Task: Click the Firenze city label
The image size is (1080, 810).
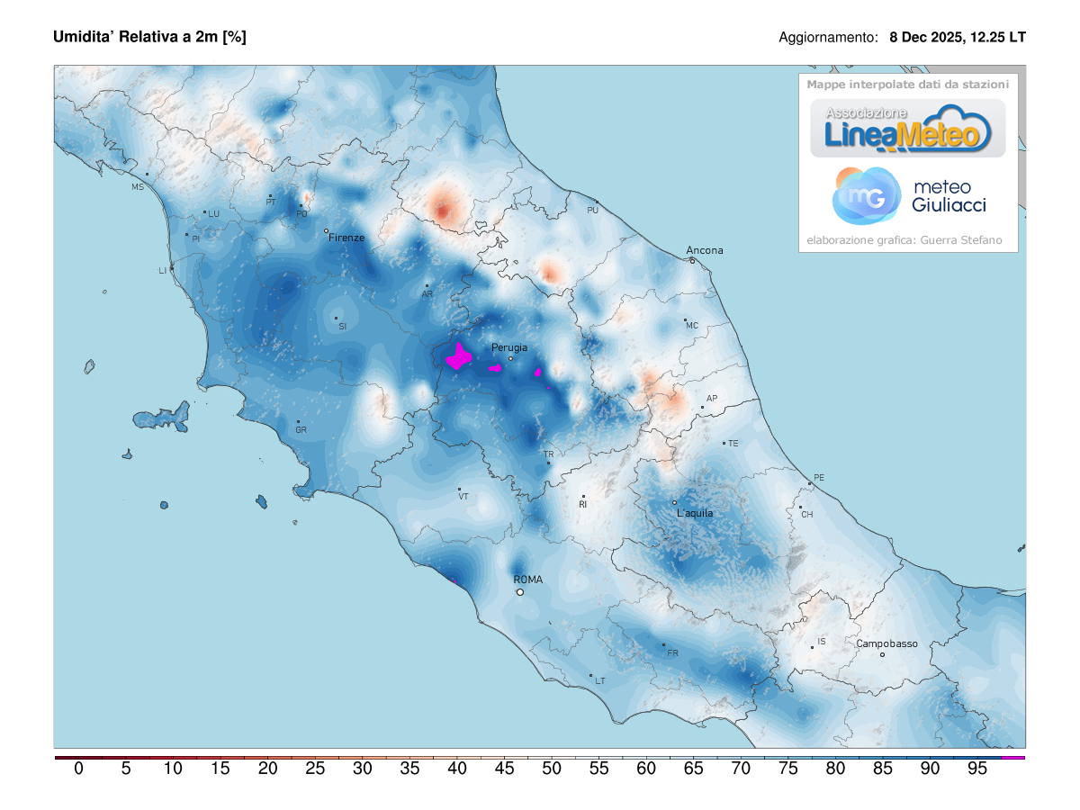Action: [x=346, y=238]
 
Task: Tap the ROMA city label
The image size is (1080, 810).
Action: [x=528, y=580]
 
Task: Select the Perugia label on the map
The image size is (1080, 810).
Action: [x=509, y=347]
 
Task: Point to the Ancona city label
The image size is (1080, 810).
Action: [x=705, y=250]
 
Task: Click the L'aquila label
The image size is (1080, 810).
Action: [x=695, y=513]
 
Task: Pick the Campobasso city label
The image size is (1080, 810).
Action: [x=886, y=643]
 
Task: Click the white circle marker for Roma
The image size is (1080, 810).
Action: [x=519, y=592]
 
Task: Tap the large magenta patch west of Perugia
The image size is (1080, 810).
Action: [x=460, y=357]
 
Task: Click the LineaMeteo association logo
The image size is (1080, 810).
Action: [x=907, y=129]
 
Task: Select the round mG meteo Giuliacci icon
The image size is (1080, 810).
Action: [x=866, y=195]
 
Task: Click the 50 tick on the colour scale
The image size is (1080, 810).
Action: [x=551, y=769]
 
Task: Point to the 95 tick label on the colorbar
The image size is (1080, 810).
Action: [x=976, y=769]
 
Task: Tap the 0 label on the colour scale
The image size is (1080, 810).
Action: [x=78, y=769]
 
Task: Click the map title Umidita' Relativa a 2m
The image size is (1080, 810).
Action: [x=149, y=37]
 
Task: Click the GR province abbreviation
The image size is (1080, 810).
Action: [x=301, y=430]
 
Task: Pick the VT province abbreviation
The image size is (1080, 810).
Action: [x=463, y=496]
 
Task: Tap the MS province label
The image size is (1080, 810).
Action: [x=138, y=187]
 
